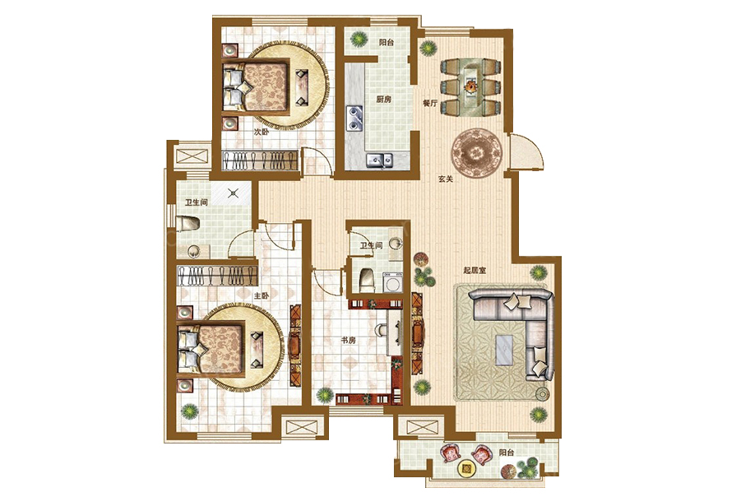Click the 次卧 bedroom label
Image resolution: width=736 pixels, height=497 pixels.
pos(262,132)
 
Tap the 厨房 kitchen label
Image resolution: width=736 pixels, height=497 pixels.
pos(383,100)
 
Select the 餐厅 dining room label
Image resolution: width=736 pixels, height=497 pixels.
pos(430,103)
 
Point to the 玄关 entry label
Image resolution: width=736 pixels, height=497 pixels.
pos(446,179)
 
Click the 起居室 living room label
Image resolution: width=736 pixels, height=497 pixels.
pos(474,271)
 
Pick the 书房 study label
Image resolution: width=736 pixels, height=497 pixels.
pos(349,340)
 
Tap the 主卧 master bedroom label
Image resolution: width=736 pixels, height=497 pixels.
pos(262,296)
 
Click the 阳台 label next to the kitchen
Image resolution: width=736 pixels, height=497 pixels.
pos(387,42)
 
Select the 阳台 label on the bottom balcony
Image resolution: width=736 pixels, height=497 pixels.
pos(507,453)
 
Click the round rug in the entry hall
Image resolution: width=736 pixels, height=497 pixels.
pos(477,153)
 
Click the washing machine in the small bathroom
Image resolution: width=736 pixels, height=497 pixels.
pos(392,283)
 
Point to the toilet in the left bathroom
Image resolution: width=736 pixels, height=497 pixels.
pos(187,224)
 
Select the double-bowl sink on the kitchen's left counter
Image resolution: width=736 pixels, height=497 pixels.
pos(354,118)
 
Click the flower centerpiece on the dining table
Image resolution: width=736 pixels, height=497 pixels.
pos(470,87)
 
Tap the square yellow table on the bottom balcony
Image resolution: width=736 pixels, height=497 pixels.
pos(466,468)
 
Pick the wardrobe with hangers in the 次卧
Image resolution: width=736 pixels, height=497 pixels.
pos(260,160)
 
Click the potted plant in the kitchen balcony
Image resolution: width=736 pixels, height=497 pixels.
pos(359,39)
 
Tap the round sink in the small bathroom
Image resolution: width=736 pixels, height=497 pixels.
pos(396,244)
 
